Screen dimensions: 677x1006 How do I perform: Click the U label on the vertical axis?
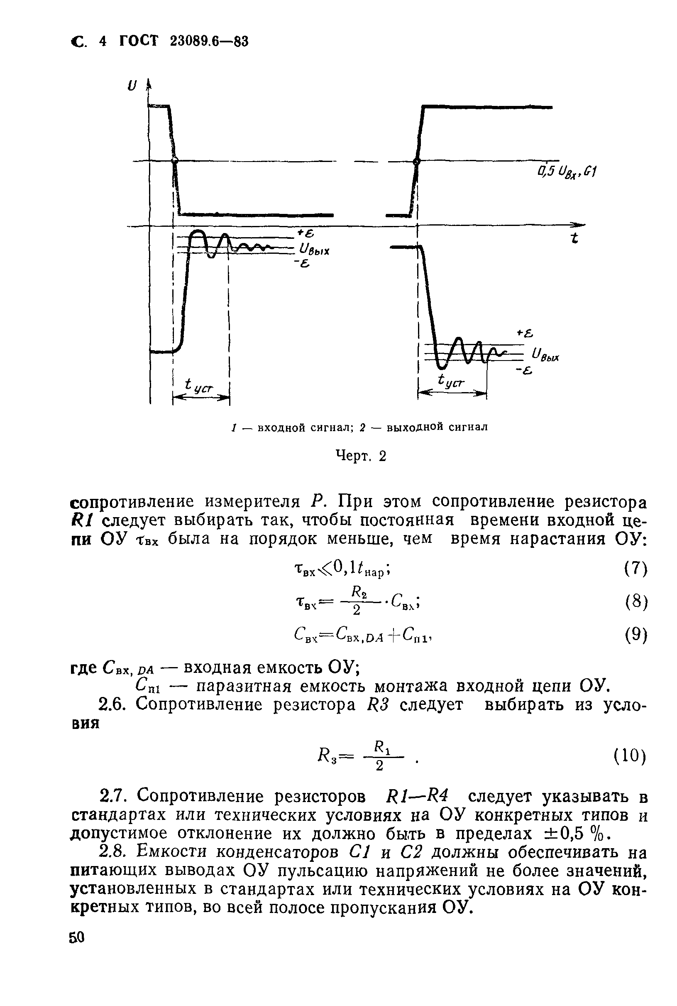click(131, 86)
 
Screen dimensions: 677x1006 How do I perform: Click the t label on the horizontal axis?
click(574, 238)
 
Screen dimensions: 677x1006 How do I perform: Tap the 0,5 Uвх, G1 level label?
click(566, 173)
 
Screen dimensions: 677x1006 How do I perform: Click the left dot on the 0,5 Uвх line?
click(174, 161)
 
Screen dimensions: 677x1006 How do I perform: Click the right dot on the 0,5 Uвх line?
click(417, 162)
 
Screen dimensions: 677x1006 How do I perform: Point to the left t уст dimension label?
click(198, 386)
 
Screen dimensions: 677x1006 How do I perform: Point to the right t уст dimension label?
click(452, 381)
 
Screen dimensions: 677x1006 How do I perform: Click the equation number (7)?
click(636, 569)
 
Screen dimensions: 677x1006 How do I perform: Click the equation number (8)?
click(636, 602)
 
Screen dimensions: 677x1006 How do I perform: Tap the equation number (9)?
click(636, 635)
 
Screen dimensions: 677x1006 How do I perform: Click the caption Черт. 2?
click(361, 456)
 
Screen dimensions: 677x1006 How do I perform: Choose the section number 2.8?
click(112, 851)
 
